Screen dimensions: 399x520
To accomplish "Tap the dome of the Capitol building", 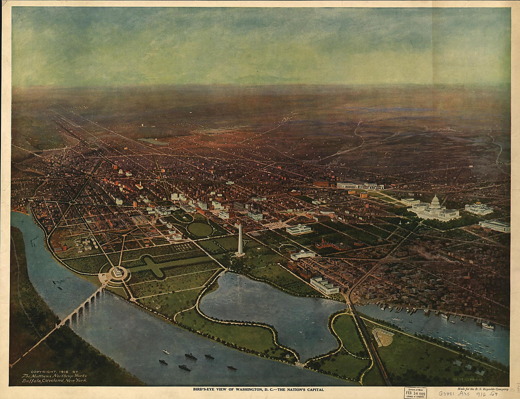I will pyautogui.click(x=435, y=202).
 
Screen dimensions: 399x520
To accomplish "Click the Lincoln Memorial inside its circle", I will pyautogui.click(x=118, y=272).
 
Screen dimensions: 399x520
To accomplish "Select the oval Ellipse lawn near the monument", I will pyautogui.click(x=200, y=229).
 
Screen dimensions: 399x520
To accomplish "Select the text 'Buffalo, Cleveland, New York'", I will pyautogui.click(x=54, y=380).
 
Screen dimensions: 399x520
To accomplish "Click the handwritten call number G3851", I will pyautogui.click(x=447, y=393).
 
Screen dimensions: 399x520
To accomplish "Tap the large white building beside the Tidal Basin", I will pyautogui.click(x=324, y=285).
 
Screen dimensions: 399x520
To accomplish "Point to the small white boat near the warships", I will pyautogui.click(x=166, y=351).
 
